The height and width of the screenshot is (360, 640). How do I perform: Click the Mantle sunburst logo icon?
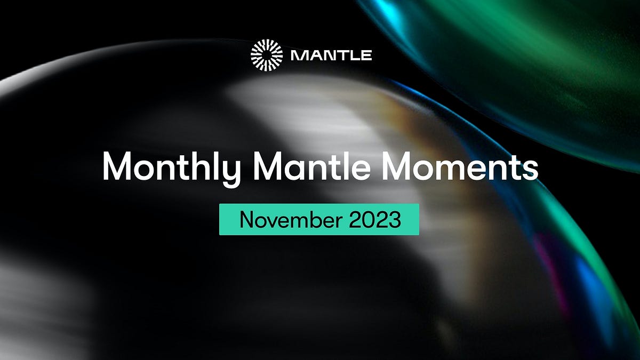(x=267, y=55)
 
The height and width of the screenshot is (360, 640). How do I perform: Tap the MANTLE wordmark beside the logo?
(x=332, y=55)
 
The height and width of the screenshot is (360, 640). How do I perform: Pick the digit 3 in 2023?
(x=395, y=219)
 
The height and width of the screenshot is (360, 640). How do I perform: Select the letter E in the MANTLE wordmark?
(x=366, y=55)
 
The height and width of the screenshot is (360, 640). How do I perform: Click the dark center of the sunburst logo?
(x=267, y=55)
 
